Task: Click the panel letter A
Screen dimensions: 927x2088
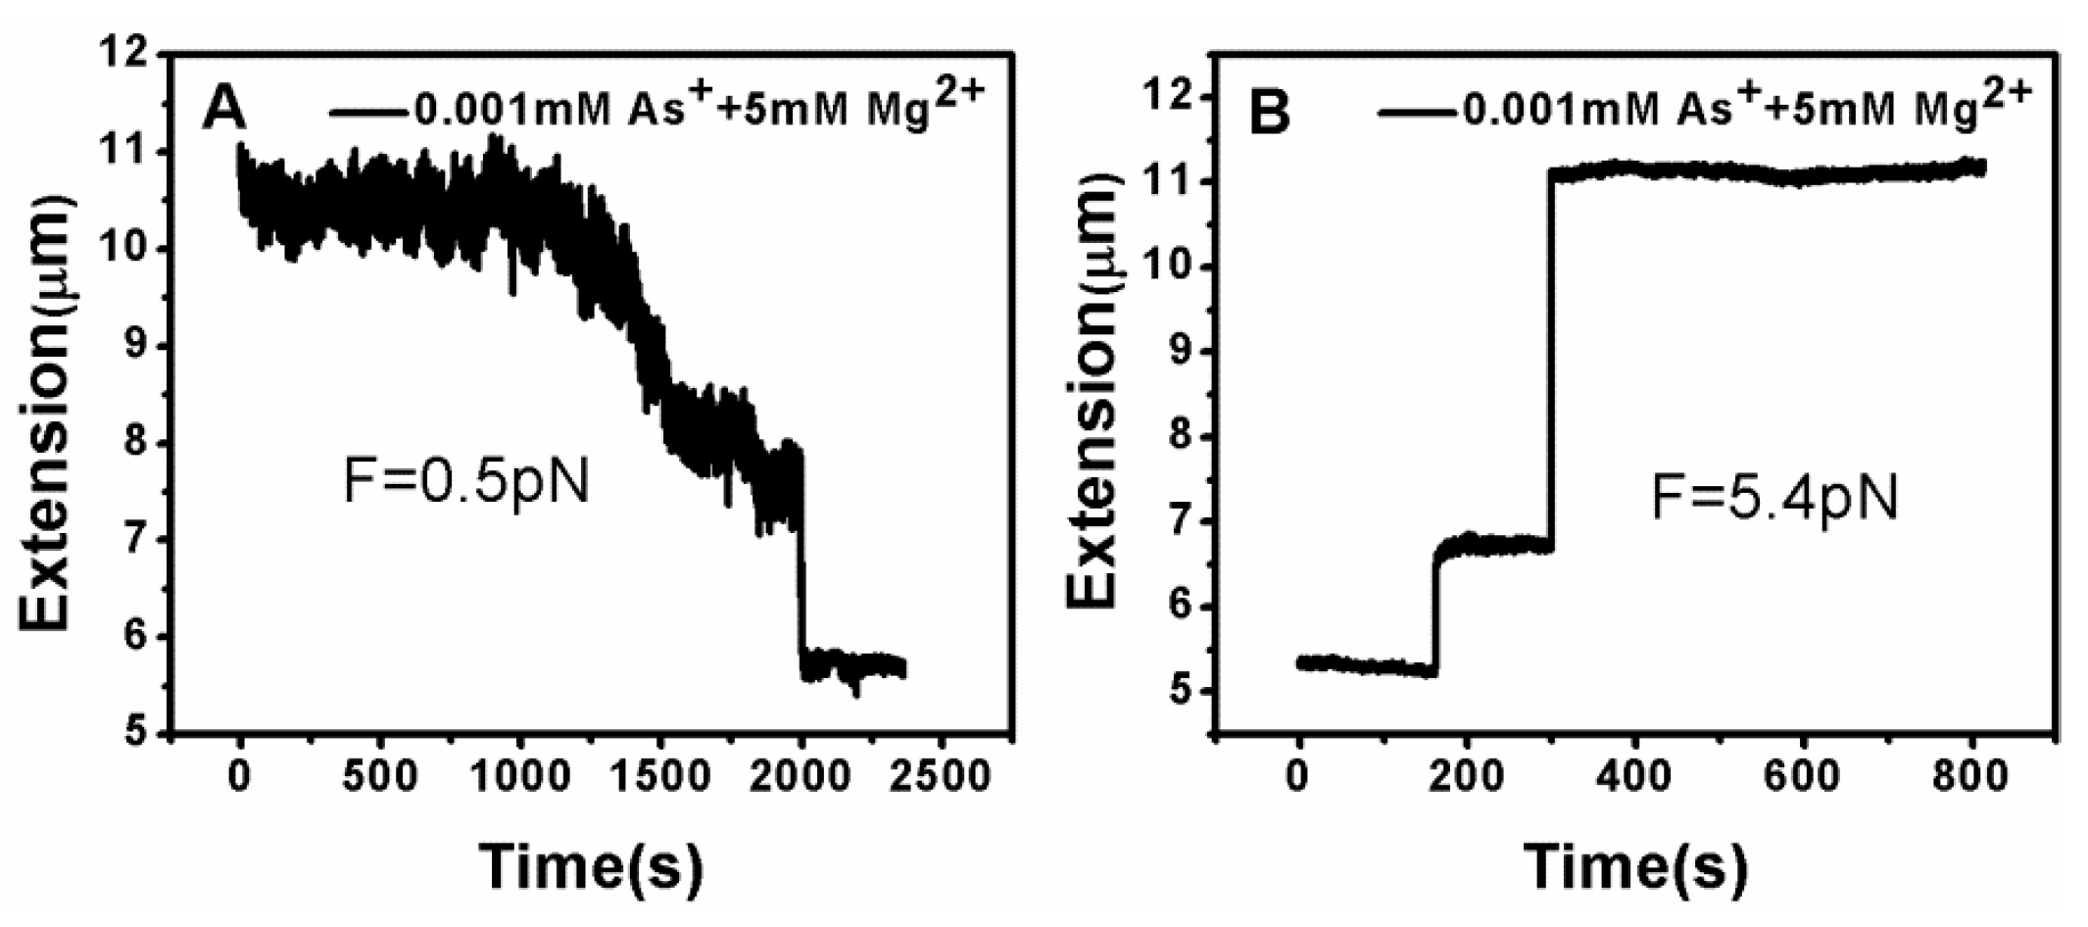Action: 224,110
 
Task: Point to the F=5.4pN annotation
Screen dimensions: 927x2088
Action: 1774,499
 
